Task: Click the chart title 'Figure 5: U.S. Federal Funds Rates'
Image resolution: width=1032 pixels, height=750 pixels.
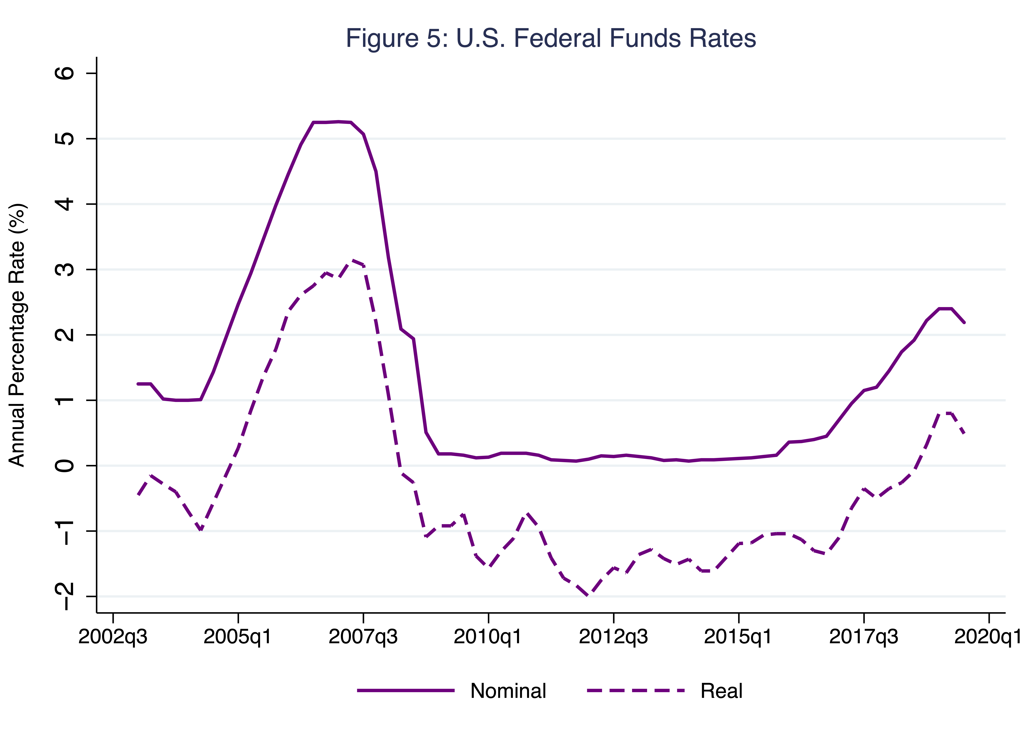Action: pos(551,38)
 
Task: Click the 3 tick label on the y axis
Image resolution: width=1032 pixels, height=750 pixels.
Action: pos(65,269)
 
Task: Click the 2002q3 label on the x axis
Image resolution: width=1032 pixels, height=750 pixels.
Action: pos(113,637)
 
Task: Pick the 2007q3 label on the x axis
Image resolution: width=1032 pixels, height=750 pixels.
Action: pos(363,637)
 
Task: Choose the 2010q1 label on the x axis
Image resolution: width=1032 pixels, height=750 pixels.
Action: pos(488,637)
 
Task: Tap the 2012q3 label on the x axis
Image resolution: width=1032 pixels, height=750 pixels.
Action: pos(613,637)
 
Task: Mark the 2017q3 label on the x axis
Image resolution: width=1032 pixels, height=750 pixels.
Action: pos(864,637)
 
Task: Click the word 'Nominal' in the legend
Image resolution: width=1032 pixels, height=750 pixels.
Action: pos(508,691)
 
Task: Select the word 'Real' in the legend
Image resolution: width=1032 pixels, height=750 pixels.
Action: pos(721,691)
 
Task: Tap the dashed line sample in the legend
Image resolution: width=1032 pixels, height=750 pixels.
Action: pos(636,690)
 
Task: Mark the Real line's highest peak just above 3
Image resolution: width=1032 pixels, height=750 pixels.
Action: pos(351,260)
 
